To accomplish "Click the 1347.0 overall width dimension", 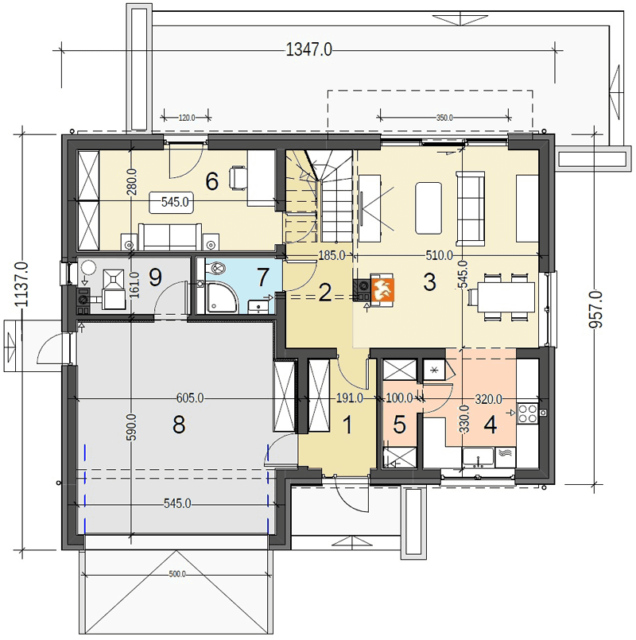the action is pyautogui.click(x=309, y=50).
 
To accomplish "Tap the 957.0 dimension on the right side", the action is pyautogui.click(x=595, y=309).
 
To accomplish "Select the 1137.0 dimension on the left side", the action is pyautogui.click(x=21, y=285).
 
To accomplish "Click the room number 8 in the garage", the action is pyautogui.click(x=179, y=425).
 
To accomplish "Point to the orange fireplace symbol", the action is pyautogui.click(x=382, y=289).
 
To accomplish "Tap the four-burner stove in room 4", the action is pyautogui.click(x=528, y=413).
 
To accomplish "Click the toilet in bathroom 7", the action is pyautogui.click(x=216, y=268).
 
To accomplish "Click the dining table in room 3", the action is pyautogui.click(x=506, y=297).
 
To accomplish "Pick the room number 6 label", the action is pyautogui.click(x=211, y=181).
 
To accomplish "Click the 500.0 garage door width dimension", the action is pyautogui.click(x=177, y=574).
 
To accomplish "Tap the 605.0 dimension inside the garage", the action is pyautogui.click(x=190, y=398).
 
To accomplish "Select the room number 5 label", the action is pyautogui.click(x=399, y=425).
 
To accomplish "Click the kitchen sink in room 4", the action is pyautogui.click(x=478, y=457).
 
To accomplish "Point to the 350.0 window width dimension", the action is pyautogui.click(x=444, y=118).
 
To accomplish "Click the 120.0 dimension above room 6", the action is pyautogui.click(x=187, y=118).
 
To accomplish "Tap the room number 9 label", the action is pyautogui.click(x=156, y=277).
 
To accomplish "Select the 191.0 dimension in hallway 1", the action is pyautogui.click(x=349, y=398).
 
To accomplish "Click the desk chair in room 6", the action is pyautogui.click(x=239, y=178).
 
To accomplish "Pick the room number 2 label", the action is pyautogui.click(x=324, y=293).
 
